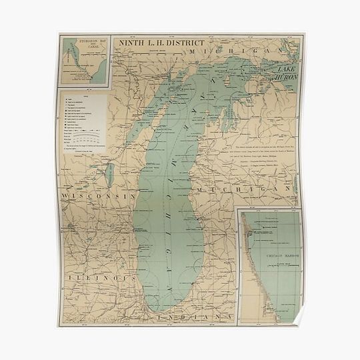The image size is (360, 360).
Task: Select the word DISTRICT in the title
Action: click(x=171, y=42)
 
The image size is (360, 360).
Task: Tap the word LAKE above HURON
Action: click(x=283, y=69)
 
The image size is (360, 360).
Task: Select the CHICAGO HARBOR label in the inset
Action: click(x=273, y=255)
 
